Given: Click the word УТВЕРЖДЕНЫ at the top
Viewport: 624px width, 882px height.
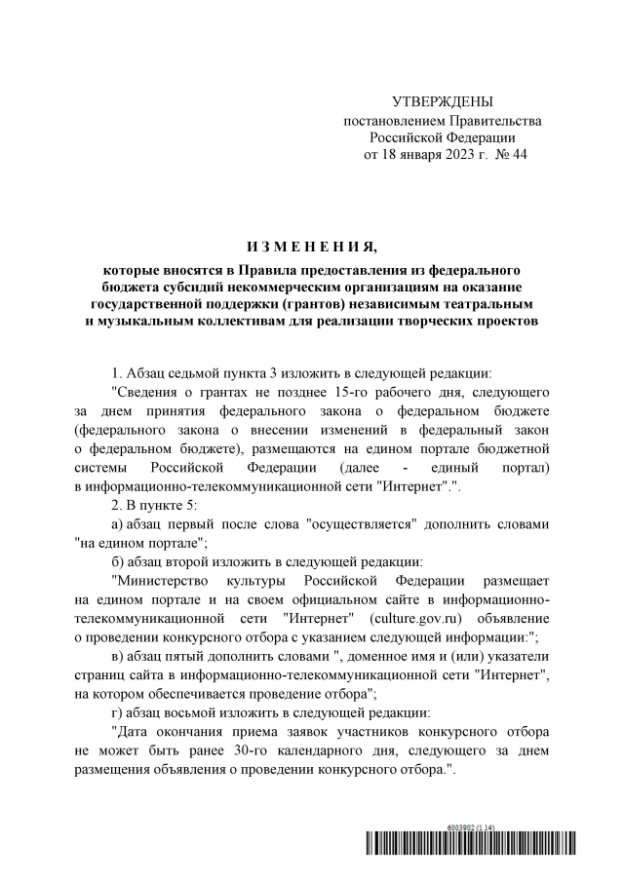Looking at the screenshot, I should point(442,101).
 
